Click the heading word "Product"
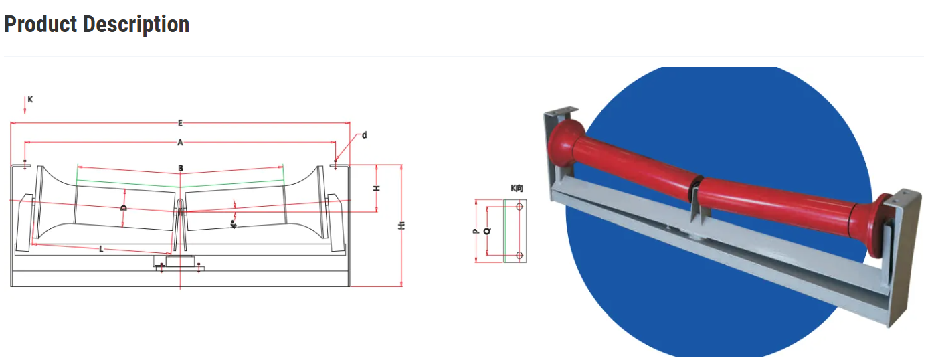pyautogui.click(x=41, y=25)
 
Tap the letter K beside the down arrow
pyautogui.click(x=31, y=100)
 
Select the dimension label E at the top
pyautogui.click(x=180, y=123)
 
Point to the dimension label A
pyautogui.click(x=180, y=142)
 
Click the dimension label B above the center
pyautogui.click(x=180, y=168)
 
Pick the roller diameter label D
pyautogui.click(x=124, y=209)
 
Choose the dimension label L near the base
pyautogui.click(x=101, y=249)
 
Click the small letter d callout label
pyautogui.click(x=365, y=135)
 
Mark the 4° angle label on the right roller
pyautogui.click(x=234, y=224)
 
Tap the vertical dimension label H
pyautogui.click(x=377, y=189)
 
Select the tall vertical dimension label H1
pyautogui.click(x=401, y=226)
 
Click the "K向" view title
pyautogui.click(x=517, y=189)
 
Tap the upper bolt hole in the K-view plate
pyautogui.click(x=519, y=207)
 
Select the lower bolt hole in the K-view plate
pyautogui.click(x=519, y=255)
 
